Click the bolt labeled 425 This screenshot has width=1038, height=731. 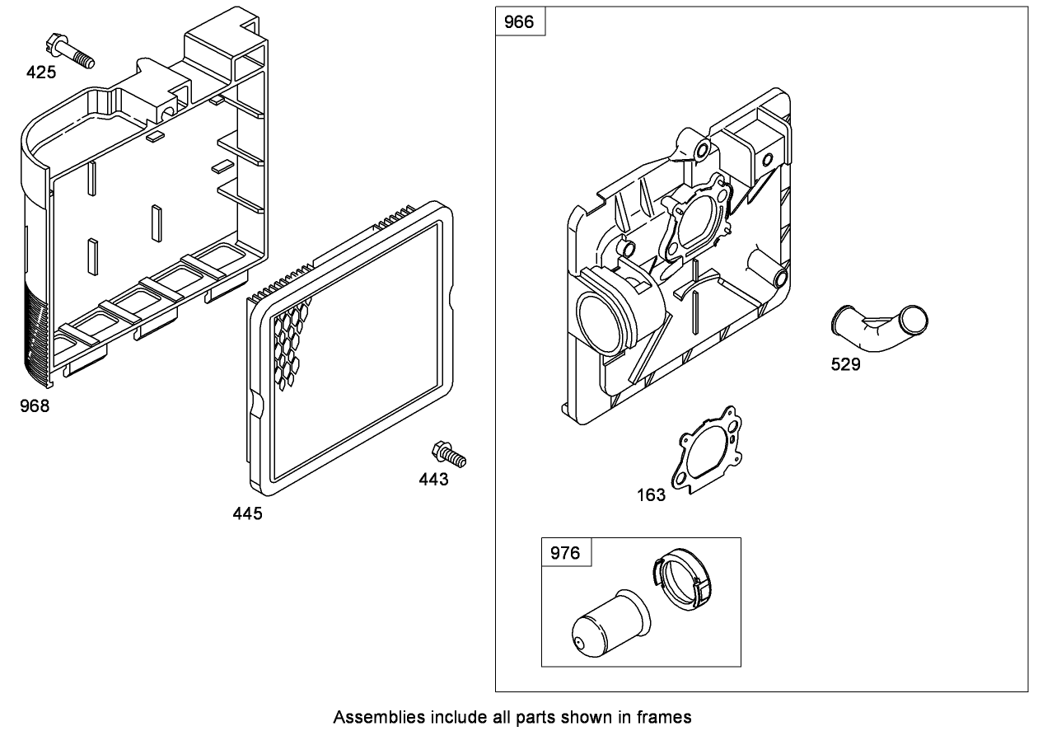tap(73, 49)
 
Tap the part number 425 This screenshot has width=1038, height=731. tap(41, 73)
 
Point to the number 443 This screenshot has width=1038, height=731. tap(433, 479)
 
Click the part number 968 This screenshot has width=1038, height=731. tap(35, 405)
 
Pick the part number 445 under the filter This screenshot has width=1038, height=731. tap(247, 513)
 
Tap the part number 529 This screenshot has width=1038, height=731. tap(845, 364)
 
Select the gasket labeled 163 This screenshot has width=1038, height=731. tap(706, 450)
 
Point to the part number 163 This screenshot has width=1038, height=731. tap(652, 495)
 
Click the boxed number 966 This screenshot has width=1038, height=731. tap(519, 22)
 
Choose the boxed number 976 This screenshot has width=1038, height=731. tap(565, 553)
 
